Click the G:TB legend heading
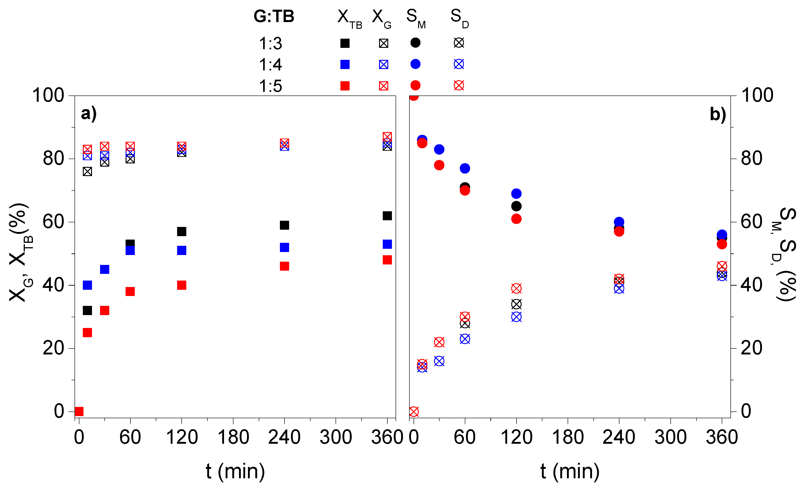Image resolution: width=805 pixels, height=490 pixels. click(274, 16)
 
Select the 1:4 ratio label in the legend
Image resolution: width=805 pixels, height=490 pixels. click(270, 65)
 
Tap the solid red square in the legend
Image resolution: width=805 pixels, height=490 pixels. click(345, 86)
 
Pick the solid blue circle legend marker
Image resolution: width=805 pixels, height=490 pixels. click(415, 64)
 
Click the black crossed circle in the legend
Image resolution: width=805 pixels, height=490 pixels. click(459, 43)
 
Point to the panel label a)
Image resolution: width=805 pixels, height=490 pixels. click(89, 114)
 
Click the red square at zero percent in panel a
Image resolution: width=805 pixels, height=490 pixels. click(79, 411)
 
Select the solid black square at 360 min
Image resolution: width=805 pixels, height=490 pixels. click(387, 216)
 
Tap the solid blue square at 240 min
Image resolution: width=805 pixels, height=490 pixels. click(284, 247)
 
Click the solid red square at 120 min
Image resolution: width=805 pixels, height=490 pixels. click(182, 285)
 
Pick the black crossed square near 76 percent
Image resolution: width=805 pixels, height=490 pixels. click(87, 171)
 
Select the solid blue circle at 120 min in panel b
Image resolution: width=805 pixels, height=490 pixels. click(516, 194)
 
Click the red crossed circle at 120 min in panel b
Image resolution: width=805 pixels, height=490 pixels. click(516, 288)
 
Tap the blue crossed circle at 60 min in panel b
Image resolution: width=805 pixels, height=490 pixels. click(465, 339)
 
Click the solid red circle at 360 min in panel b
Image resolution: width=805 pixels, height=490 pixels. click(722, 244)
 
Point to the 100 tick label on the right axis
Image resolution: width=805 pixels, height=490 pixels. click(757, 96)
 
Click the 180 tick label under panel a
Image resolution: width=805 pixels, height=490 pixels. click(233, 437)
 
